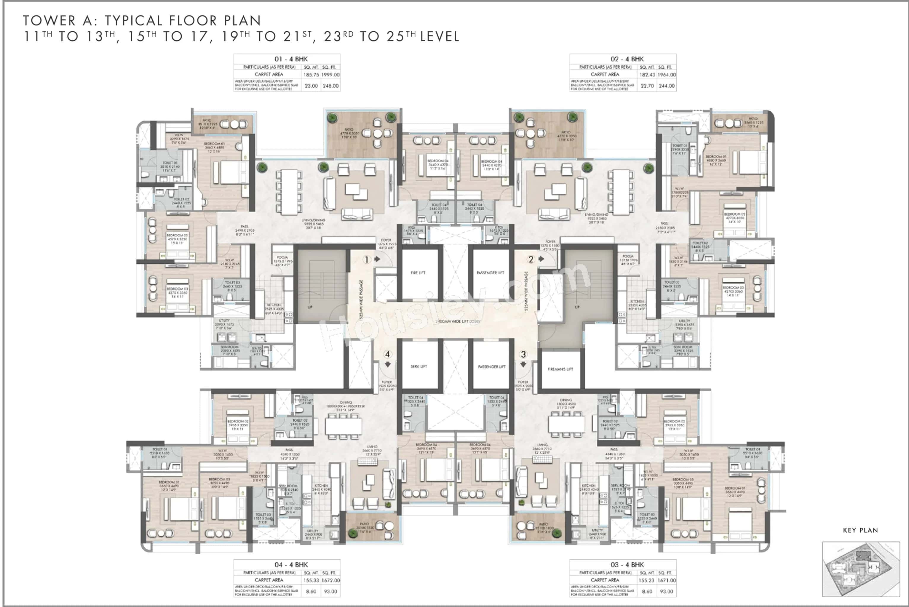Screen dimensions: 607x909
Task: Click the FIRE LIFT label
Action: [x=418, y=273]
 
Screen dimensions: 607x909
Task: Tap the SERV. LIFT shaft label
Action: [x=418, y=366]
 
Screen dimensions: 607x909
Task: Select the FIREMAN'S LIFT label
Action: [x=560, y=369]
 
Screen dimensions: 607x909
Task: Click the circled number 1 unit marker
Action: [x=366, y=260]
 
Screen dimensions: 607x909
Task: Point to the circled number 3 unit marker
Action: [x=523, y=354]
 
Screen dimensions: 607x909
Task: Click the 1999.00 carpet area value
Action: [x=330, y=75]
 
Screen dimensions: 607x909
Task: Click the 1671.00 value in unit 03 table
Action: [x=666, y=580]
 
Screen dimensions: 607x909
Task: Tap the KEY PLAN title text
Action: [x=860, y=530]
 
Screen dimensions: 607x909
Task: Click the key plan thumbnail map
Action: [x=861, y=569]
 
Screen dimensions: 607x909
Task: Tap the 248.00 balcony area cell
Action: [x=330, y=86]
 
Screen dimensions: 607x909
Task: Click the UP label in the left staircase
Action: [x=310, y=307]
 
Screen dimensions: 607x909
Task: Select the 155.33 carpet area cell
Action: [x=311, y=580]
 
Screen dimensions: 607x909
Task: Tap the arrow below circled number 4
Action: [x=388, y=365]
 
